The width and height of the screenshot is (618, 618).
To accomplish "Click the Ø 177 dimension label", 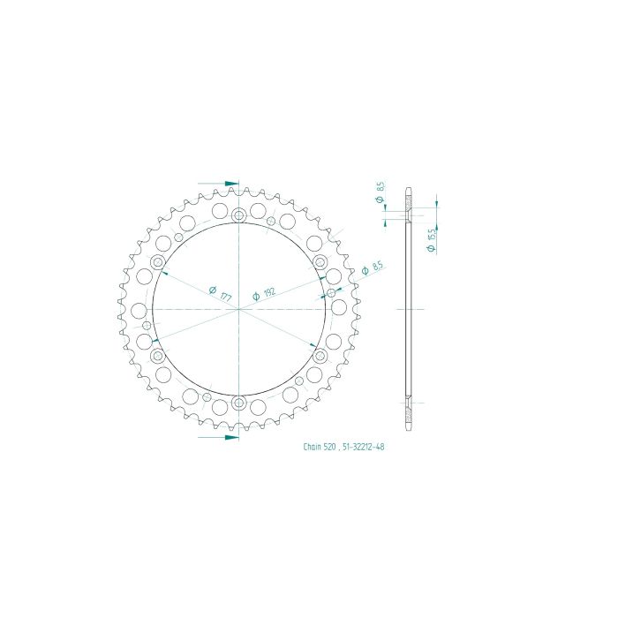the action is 221,293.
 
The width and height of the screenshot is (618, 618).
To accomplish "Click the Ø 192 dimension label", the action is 264,294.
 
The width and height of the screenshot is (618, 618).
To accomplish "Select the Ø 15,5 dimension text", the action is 431,239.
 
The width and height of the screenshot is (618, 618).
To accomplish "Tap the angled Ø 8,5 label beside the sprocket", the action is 373,268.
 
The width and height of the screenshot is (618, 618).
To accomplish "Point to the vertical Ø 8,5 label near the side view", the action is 380,192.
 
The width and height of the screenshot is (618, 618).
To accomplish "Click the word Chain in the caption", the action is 313,447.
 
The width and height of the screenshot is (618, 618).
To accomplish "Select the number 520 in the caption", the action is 329,447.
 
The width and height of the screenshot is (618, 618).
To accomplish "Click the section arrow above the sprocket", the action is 218,184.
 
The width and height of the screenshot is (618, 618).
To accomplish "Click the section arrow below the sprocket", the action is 218,437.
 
